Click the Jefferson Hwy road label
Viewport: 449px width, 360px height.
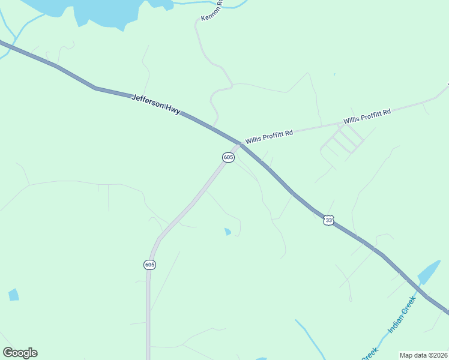coord(155,104)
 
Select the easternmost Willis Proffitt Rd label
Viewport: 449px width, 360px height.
coord(367,116)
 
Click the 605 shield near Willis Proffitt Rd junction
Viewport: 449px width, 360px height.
coord(228,157)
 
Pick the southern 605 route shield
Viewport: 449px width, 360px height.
coord(150,265)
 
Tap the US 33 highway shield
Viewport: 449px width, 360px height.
coord(328,220)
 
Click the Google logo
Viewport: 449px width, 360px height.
coord(20,353)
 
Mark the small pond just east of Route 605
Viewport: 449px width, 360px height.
coord(228,232)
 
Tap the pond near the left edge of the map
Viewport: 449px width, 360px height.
coord(13,295)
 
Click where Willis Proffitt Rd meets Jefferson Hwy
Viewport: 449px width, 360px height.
coord(241,144)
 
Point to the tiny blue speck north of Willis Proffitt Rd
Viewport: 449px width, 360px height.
coord(334,75)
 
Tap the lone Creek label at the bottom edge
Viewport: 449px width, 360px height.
coord(370,352)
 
